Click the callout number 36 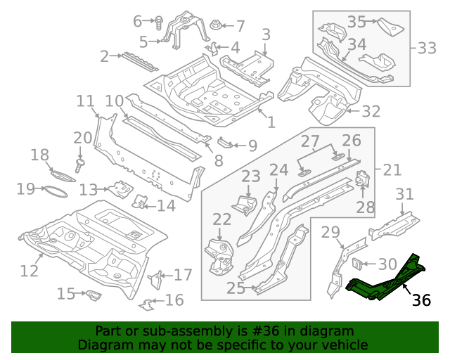(420, 300)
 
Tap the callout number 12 (30, 270)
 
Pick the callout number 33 (426, 48)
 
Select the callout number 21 (392, 169)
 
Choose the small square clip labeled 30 (357, 264)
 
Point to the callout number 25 (236, 288)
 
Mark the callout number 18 (40, 155)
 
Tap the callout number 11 (85, 101)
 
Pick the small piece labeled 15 (92, 295)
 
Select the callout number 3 (266, 34)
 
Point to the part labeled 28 (364, 180)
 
